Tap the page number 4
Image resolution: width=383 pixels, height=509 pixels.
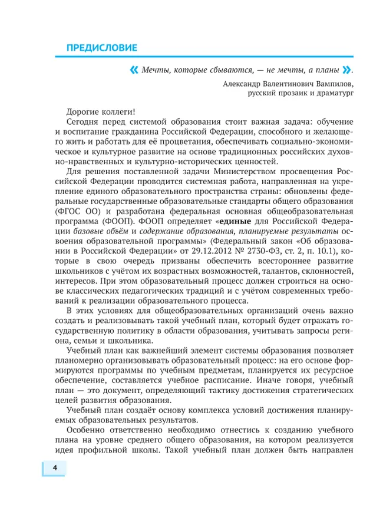pos(54,468)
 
